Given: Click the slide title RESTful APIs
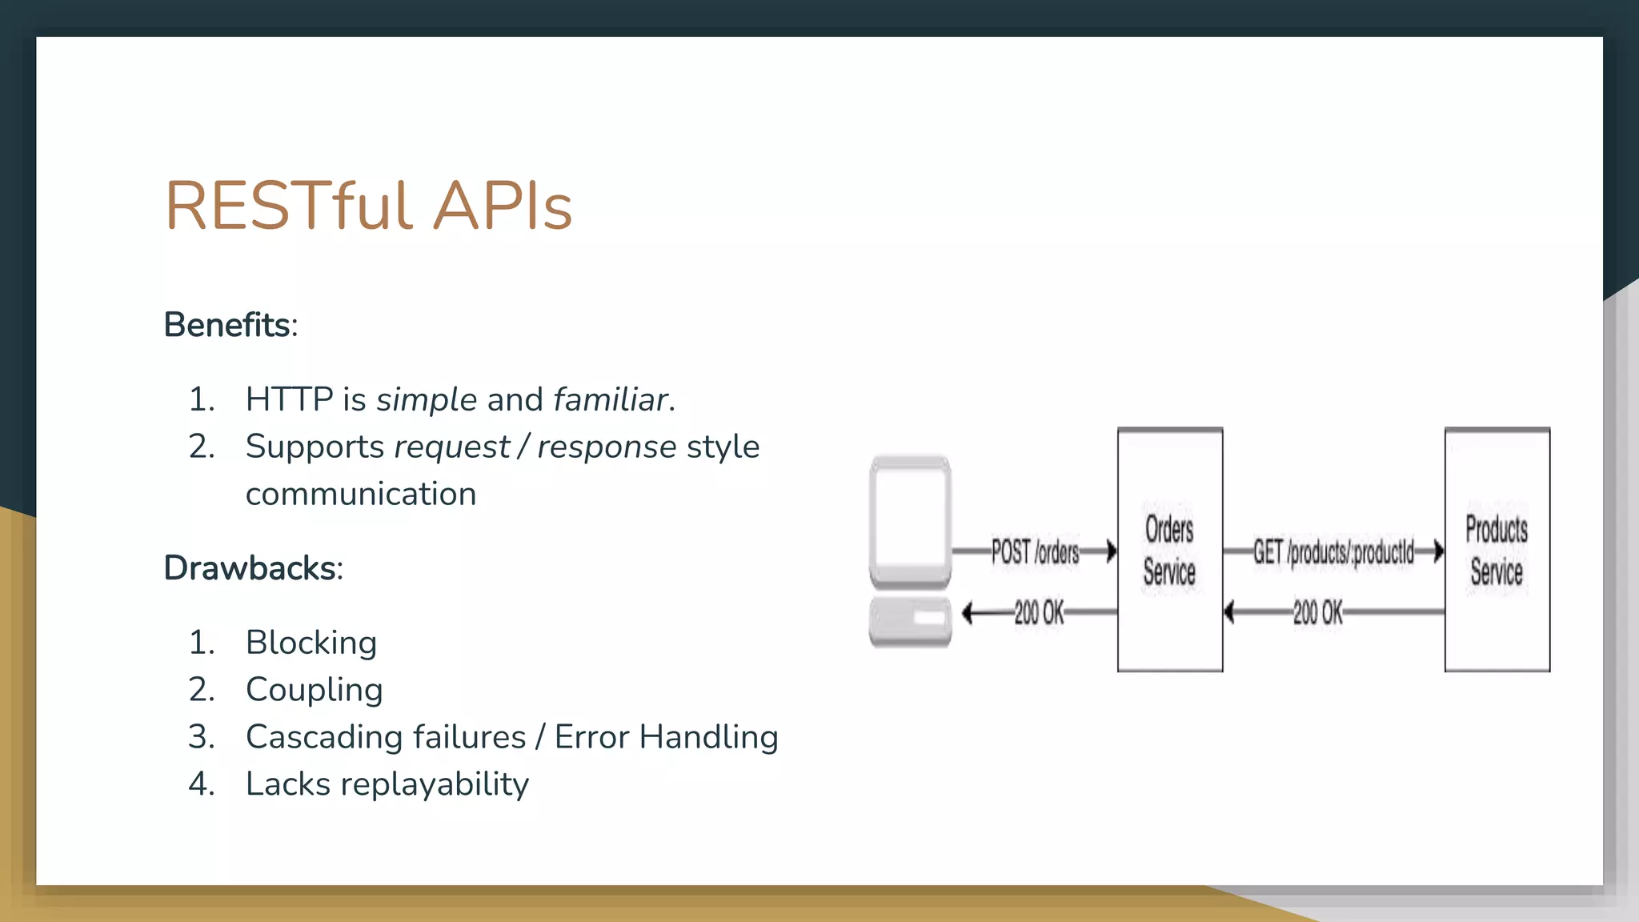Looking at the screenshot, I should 368,206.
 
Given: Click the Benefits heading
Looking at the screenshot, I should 227,325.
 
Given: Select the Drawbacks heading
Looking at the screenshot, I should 250,568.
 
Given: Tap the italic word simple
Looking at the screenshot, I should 427,399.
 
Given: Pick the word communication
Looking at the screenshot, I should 360,494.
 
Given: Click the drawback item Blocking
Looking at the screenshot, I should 311,643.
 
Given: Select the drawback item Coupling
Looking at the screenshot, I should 314,690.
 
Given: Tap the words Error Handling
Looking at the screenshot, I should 666,737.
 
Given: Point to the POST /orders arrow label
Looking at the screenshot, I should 1035,551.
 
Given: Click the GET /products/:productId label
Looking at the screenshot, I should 1333,551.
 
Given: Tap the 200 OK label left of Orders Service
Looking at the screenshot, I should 1039,613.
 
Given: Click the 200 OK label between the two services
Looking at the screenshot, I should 1317,613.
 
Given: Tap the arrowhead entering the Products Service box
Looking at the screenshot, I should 1438,551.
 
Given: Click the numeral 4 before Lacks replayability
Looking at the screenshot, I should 200,784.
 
